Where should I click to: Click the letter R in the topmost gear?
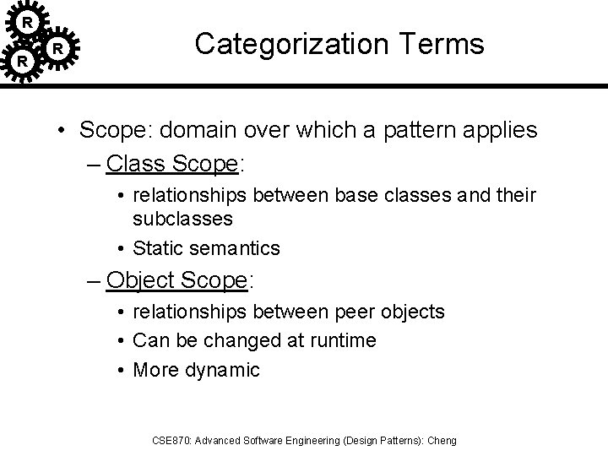point(27,20)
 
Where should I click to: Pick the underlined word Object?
point(142,279)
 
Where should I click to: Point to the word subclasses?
point(182,219)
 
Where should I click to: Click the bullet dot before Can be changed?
point(121,341)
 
